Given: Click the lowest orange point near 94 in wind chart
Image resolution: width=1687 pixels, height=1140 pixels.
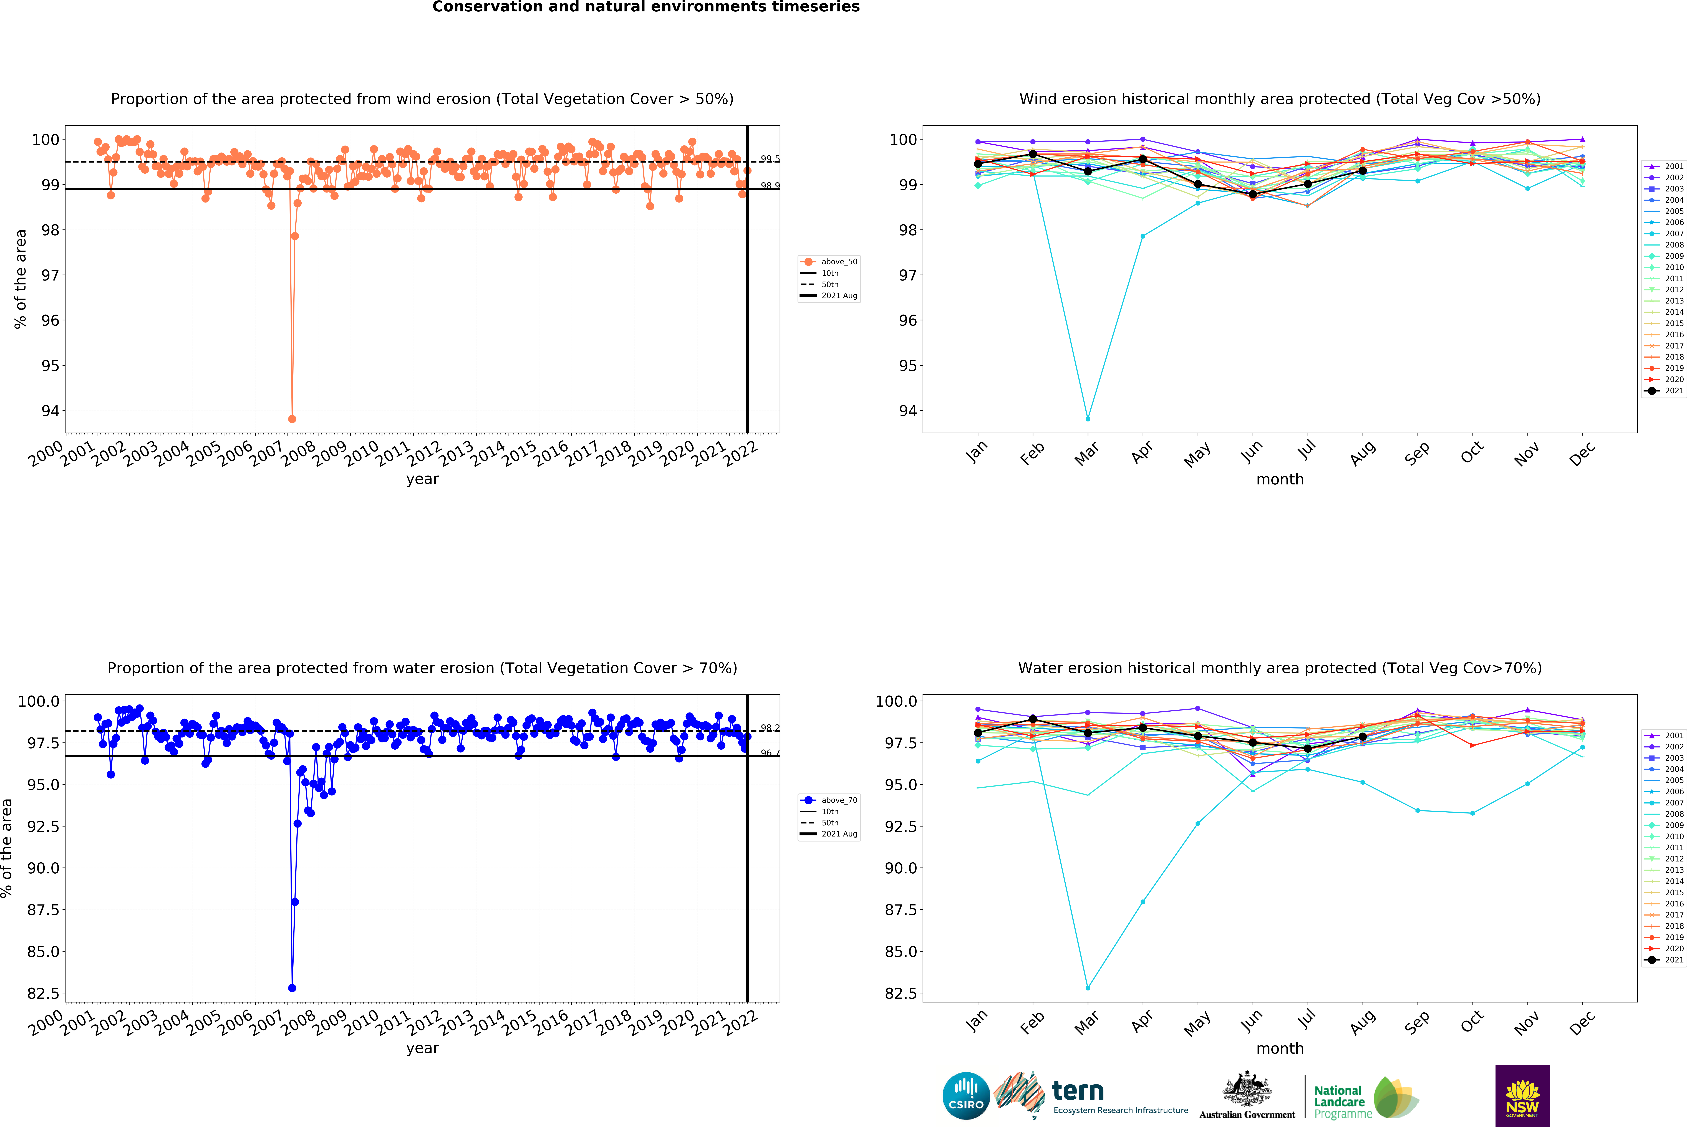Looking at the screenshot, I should (x=292, y=419).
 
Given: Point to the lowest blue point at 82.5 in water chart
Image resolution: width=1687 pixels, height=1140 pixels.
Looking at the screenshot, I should (x=292, y=988).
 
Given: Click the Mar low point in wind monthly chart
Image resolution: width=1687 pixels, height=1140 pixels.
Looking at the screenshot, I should (x=1087, y=419).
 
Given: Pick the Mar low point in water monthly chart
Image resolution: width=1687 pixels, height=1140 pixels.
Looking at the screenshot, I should (x=1087, y=988).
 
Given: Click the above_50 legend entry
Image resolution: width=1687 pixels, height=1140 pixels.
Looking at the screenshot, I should (x=838, y=262).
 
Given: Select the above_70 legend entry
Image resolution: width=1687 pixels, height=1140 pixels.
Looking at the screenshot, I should (x=838, y=800).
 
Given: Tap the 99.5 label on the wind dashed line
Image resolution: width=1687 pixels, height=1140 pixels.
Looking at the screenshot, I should (x=770, y=159).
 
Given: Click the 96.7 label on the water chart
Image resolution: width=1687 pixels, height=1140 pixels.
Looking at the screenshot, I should (x=770, y=752).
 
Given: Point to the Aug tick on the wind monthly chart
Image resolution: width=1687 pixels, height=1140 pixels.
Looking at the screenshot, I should (x=1363, y=451).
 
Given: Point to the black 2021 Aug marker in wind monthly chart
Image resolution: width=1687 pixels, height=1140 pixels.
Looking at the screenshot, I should (x=1363, y=171).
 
